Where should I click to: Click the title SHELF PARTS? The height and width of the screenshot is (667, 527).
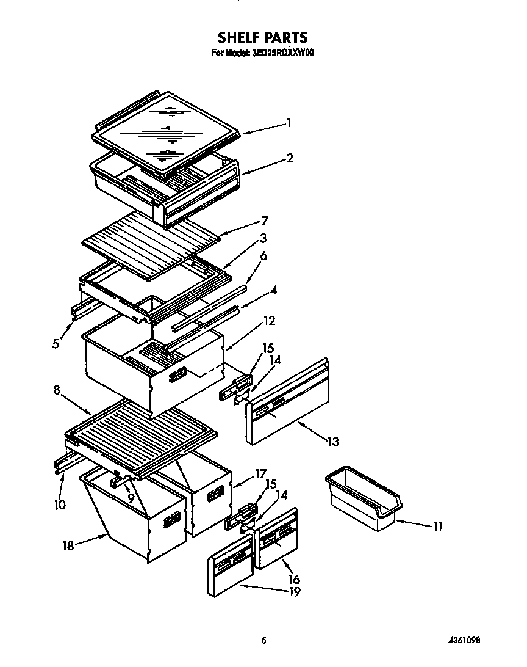(263, 39)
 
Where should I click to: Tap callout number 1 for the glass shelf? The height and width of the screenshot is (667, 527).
(289, 123)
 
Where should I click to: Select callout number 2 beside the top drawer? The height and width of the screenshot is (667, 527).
(290, 158)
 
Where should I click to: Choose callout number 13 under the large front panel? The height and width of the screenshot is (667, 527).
(332, 441)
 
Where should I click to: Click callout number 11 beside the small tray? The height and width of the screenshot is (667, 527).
(437, 526)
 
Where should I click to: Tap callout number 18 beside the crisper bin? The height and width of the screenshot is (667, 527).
(68, 546)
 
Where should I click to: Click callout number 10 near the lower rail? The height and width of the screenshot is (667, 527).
(59, 505)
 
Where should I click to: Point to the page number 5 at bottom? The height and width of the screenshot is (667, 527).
(263, 640)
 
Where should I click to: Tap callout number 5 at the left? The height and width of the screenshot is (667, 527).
(56, 343)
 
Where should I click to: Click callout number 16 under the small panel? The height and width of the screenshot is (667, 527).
(294, 578)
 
